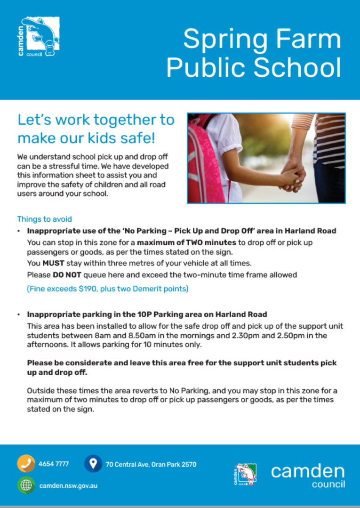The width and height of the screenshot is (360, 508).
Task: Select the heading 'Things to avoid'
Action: (44, 219)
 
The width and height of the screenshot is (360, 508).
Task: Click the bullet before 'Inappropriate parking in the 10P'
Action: (18, 314)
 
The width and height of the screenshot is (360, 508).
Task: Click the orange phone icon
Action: (26, 464)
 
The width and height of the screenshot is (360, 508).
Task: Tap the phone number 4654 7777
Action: (54, 464)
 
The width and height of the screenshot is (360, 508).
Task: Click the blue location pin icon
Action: (93, 464)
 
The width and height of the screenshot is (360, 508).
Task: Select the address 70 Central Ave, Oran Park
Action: (151, 464)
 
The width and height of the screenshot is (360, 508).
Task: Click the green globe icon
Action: (26, 485)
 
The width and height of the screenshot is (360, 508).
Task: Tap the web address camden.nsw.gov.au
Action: (68, 485)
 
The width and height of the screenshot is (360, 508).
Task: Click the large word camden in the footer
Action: (308, 471)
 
